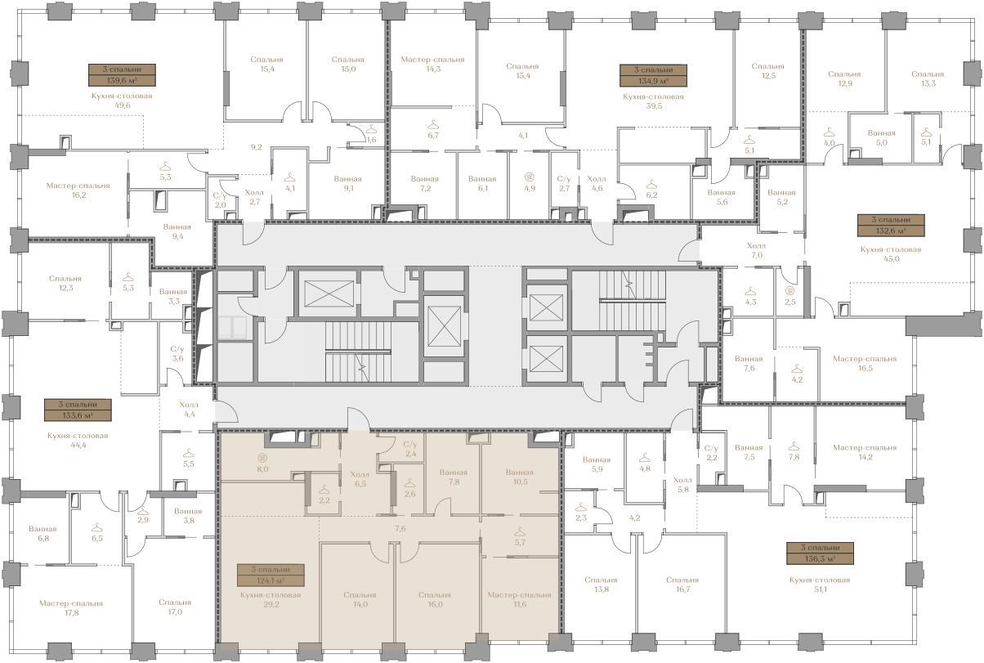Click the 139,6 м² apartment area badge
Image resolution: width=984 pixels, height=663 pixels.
coord(122,75)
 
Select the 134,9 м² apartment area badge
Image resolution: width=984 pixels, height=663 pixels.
coord(653,75)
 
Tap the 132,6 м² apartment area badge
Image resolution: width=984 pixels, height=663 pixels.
coord(891,226)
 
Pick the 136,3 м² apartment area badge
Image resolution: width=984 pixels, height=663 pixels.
coord(821,553)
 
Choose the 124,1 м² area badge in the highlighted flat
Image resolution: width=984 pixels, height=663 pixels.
coord(271,576)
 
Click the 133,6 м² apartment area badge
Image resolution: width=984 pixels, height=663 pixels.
coord(78,410)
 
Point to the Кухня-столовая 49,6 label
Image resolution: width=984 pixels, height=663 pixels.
coord(122,101)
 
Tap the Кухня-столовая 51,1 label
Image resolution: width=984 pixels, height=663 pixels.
coord(820,585)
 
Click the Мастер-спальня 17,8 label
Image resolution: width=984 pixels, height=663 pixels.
coord(71,608)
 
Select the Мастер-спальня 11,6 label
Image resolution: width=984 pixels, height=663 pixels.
coord(519,599)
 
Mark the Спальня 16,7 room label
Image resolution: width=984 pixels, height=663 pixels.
coord(682,585)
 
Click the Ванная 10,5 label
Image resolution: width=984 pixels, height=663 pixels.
coord(520,477)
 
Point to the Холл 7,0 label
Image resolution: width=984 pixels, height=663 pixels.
coord(757,250)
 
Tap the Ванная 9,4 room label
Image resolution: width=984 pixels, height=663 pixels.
coord(177,231)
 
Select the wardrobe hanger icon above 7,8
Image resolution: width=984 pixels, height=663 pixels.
coord(794,446)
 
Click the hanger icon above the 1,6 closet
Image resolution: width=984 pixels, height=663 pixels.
coord(372,129)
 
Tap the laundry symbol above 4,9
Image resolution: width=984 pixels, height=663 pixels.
coord(530,177)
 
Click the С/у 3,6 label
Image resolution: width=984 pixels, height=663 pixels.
coord(177,354)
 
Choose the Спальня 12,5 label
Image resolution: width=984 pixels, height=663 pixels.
coord(768,71)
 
